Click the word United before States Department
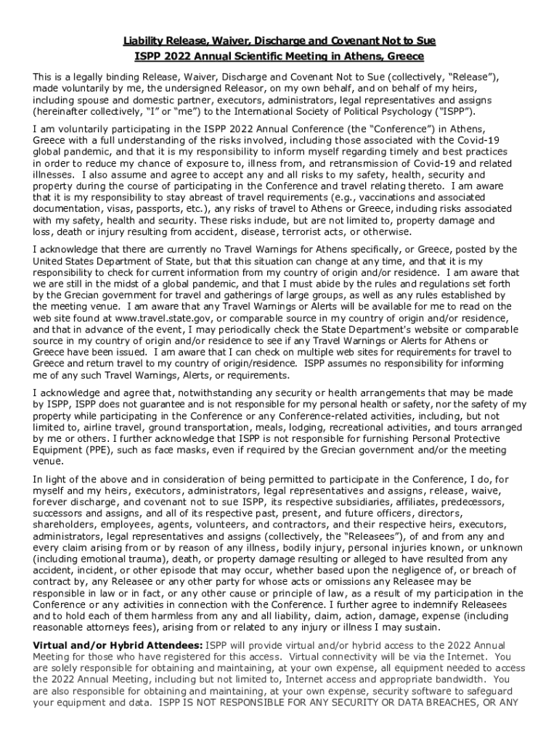coord(50,261)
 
